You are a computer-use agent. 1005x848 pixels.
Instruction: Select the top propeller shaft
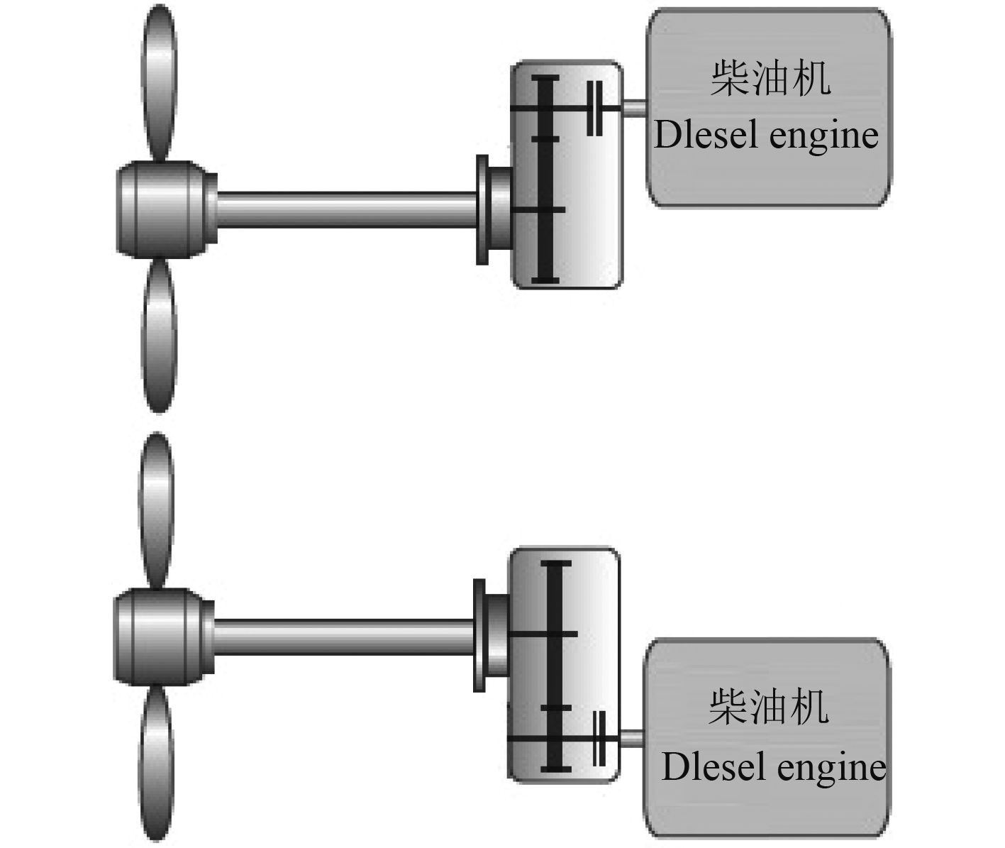click(348, 209)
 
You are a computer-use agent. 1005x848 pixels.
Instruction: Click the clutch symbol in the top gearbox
click(595, 108)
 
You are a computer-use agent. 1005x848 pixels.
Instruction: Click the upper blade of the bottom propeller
click(156, 507)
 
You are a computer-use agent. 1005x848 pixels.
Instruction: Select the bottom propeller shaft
click(344, 634)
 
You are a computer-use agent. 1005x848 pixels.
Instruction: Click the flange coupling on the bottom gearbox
click(480, 634)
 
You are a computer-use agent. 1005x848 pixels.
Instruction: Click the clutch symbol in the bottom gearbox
click(598, 737)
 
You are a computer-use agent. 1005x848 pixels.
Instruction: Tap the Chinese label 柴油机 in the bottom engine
click(768, 706)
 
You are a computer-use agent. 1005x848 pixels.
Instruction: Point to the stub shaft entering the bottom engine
click(631, 738)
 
